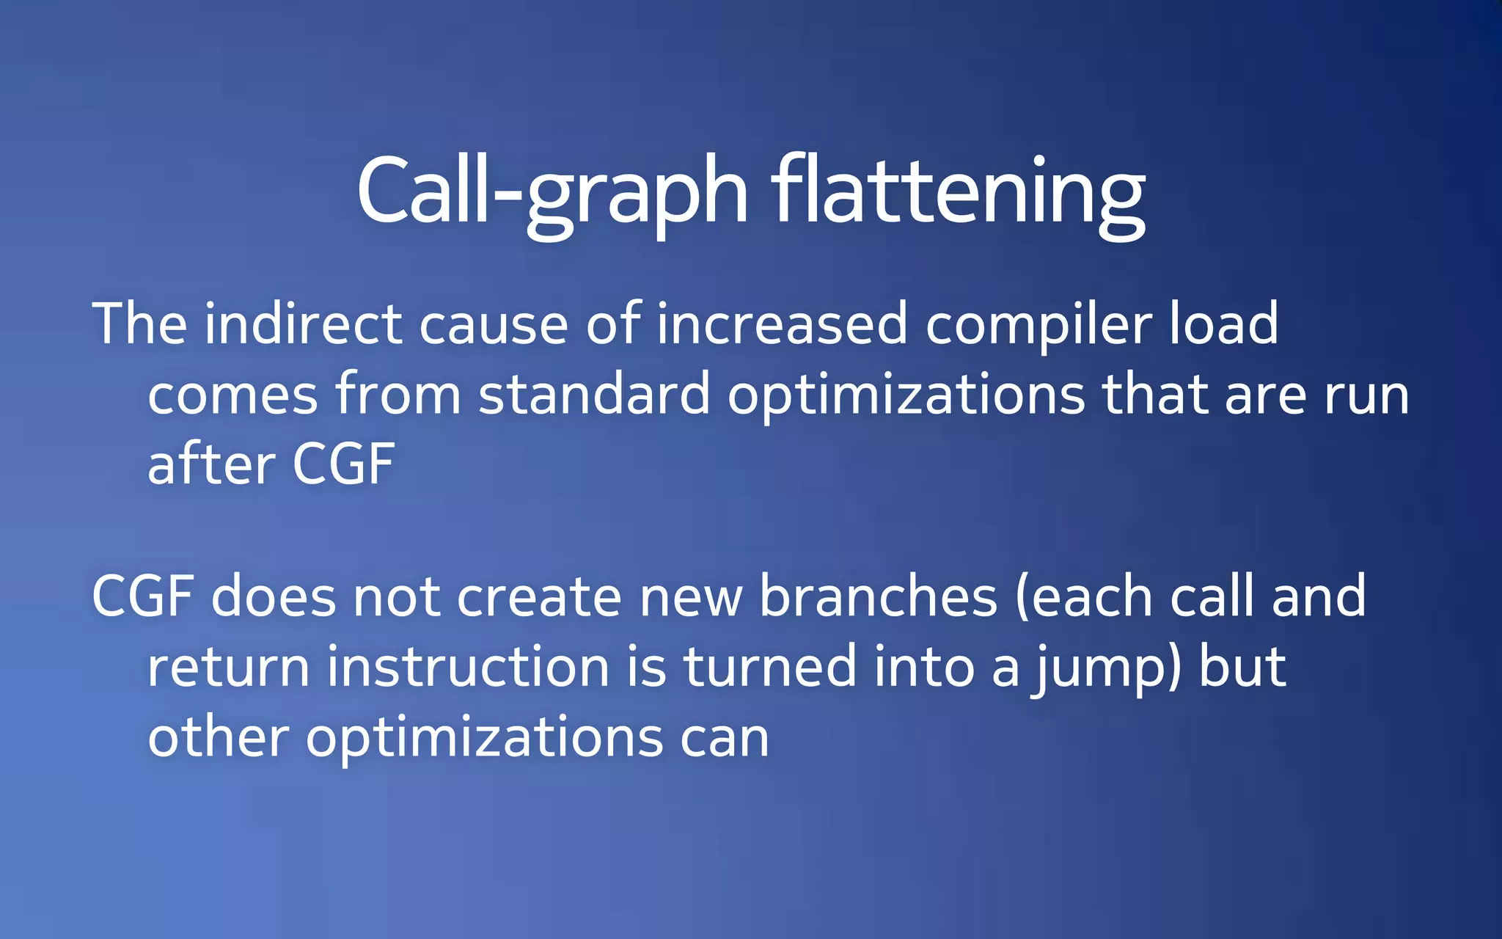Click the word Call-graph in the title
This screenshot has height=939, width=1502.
(x=552, y=192)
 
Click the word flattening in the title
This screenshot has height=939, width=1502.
(x=958, y=192)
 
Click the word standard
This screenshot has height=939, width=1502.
(x=594, y=395)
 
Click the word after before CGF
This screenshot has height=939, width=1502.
(x=210, y=464)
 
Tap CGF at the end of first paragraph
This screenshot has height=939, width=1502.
(x=344, y=464)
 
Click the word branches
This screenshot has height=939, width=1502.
(x=878, y=596)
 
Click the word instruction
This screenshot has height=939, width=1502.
(x=468, y=666)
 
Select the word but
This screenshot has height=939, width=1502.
(x=1242, y=666)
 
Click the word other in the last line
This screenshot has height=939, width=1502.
(x=218, y=737)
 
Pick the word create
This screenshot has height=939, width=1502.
(x=539, y=596)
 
